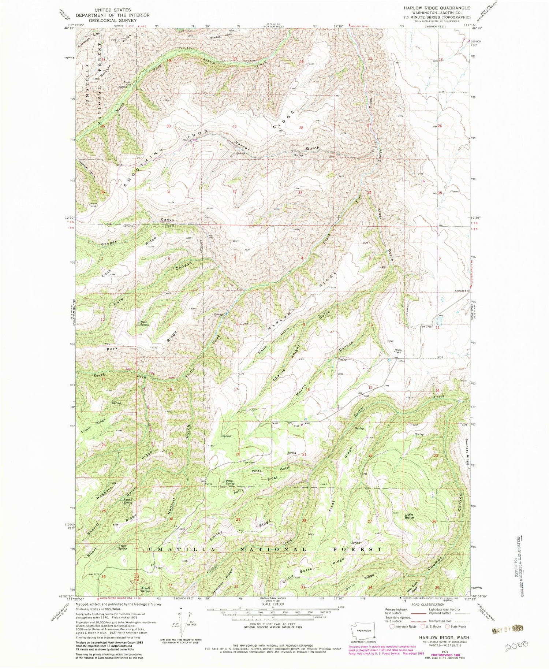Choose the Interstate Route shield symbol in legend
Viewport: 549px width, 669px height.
point(392,627)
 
